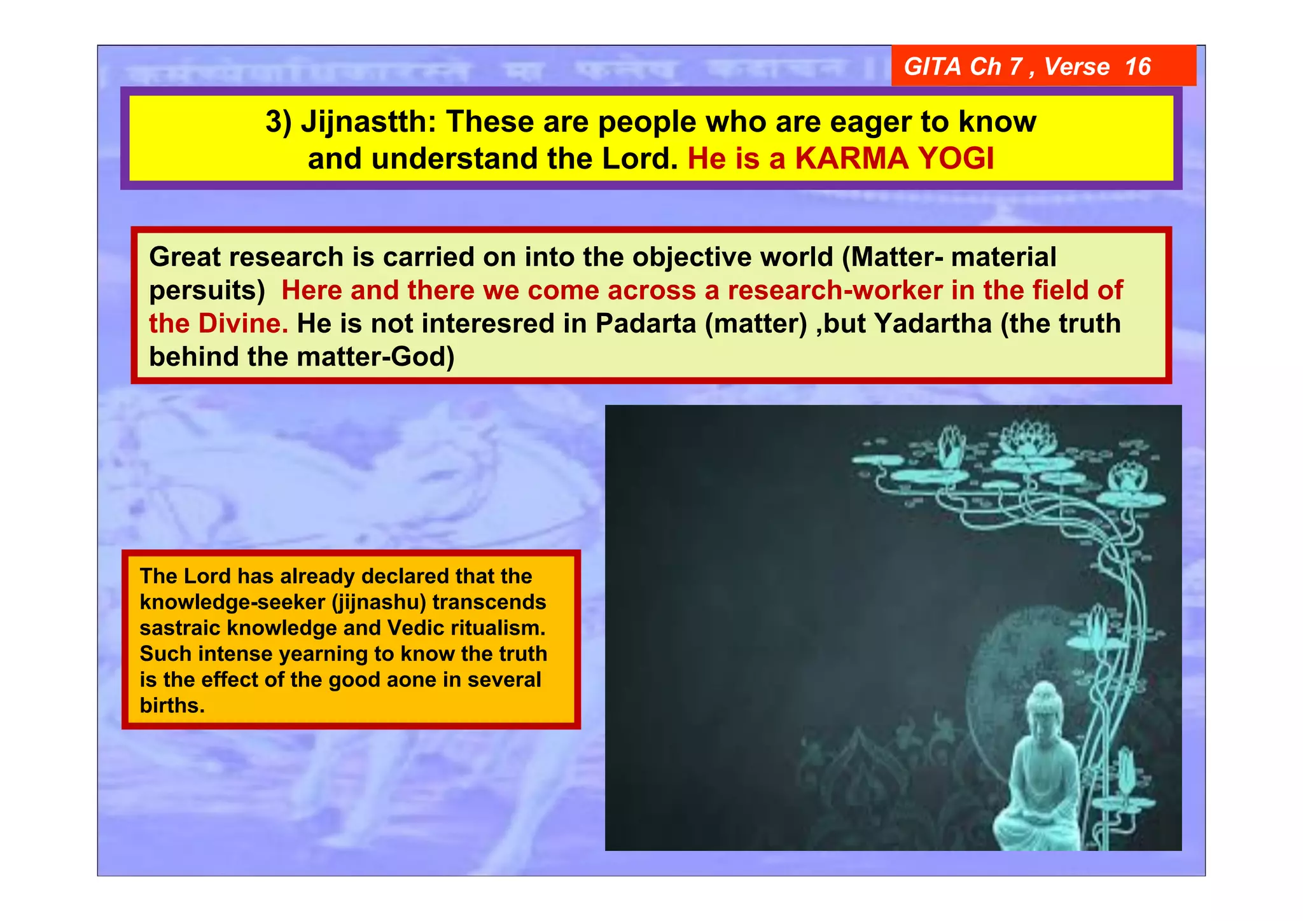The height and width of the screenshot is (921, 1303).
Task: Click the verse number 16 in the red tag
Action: click(1138, 66)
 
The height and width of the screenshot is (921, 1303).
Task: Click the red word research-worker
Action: click(835, 290)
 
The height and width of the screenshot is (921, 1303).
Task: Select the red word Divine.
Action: click(243, 323)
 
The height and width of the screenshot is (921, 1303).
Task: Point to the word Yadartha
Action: click(933, 323)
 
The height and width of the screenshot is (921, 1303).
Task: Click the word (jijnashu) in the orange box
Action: click(379, 602)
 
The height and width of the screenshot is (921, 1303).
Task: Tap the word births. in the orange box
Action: click(172, 705)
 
